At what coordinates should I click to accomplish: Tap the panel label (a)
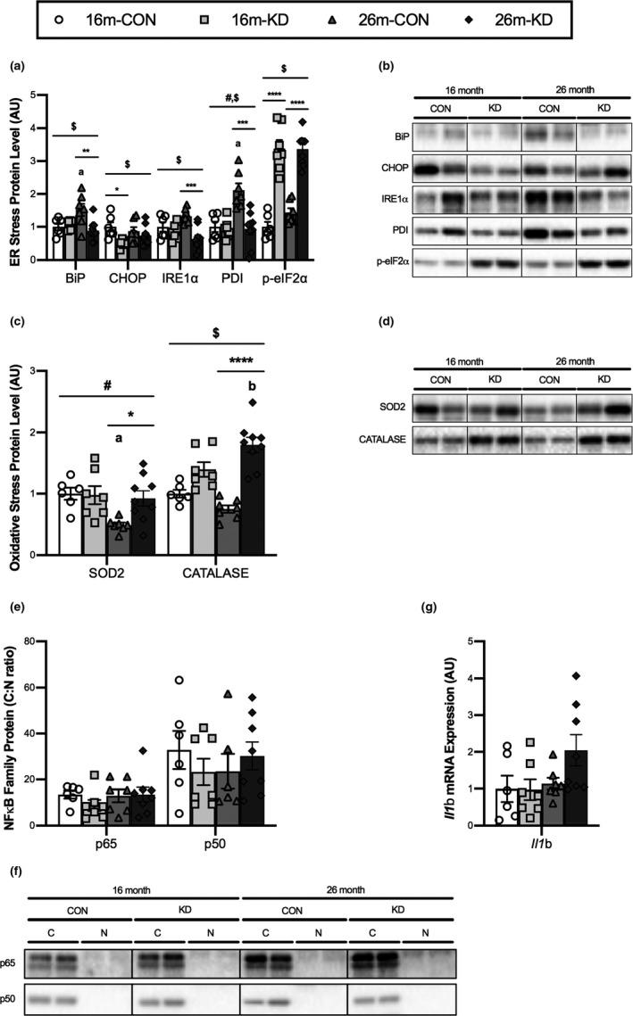(15, 65)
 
